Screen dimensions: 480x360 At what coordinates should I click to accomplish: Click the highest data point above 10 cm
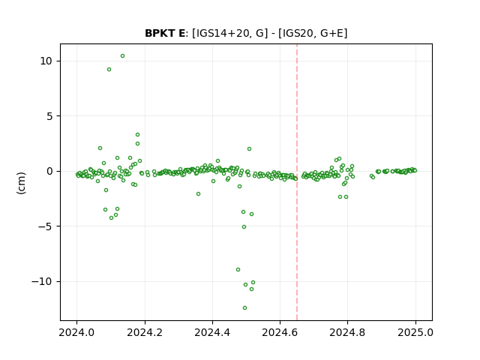[122, 56]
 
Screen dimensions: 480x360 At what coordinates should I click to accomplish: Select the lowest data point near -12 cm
[245, 308]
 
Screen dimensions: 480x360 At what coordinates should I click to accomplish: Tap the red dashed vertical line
[297, 182]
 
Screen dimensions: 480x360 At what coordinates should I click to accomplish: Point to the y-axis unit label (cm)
[21, 183]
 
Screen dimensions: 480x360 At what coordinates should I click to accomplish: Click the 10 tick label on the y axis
[46, 61]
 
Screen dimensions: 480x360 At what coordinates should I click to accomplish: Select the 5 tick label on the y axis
[49, 116]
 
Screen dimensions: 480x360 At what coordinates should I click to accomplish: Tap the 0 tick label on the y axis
[49, 171]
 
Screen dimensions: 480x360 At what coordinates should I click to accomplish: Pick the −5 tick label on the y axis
[45, 226]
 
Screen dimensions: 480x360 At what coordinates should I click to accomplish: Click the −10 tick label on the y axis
[42, 281]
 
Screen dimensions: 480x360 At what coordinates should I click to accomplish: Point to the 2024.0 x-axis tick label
[76, 332]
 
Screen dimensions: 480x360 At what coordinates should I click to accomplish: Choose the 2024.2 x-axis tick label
[145, 332]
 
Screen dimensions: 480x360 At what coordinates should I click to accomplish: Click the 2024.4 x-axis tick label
[212, 332]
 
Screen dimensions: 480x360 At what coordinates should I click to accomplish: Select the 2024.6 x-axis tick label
[280, 332]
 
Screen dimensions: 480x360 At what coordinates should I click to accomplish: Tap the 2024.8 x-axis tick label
[347, 332]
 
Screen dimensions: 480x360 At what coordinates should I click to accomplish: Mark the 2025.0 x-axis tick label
[415, 332]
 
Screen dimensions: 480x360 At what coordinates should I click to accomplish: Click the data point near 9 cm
[109, 70]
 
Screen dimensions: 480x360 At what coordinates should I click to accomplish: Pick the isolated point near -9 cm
[238, 270]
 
